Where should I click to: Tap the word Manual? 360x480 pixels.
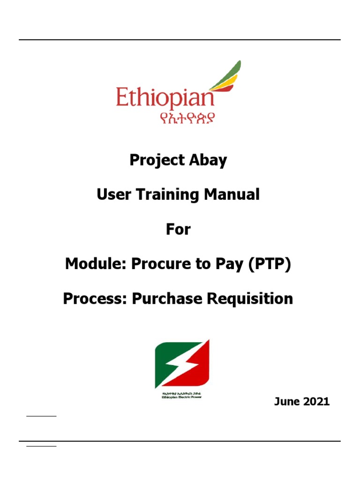(237, 195)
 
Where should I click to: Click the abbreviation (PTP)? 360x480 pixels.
(268, 264)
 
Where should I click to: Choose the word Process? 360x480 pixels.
(95, 299)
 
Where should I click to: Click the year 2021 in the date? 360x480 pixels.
(316, 402)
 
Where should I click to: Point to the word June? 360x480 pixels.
(287, 402)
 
